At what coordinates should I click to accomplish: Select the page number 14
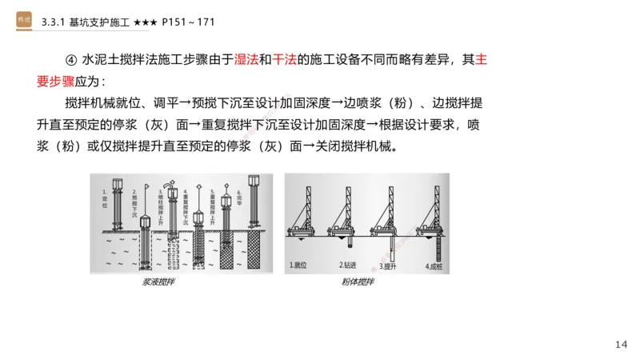(622, 344)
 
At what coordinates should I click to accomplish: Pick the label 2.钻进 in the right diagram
(350, 264)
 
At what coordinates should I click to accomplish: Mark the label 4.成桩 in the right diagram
(436, 264)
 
